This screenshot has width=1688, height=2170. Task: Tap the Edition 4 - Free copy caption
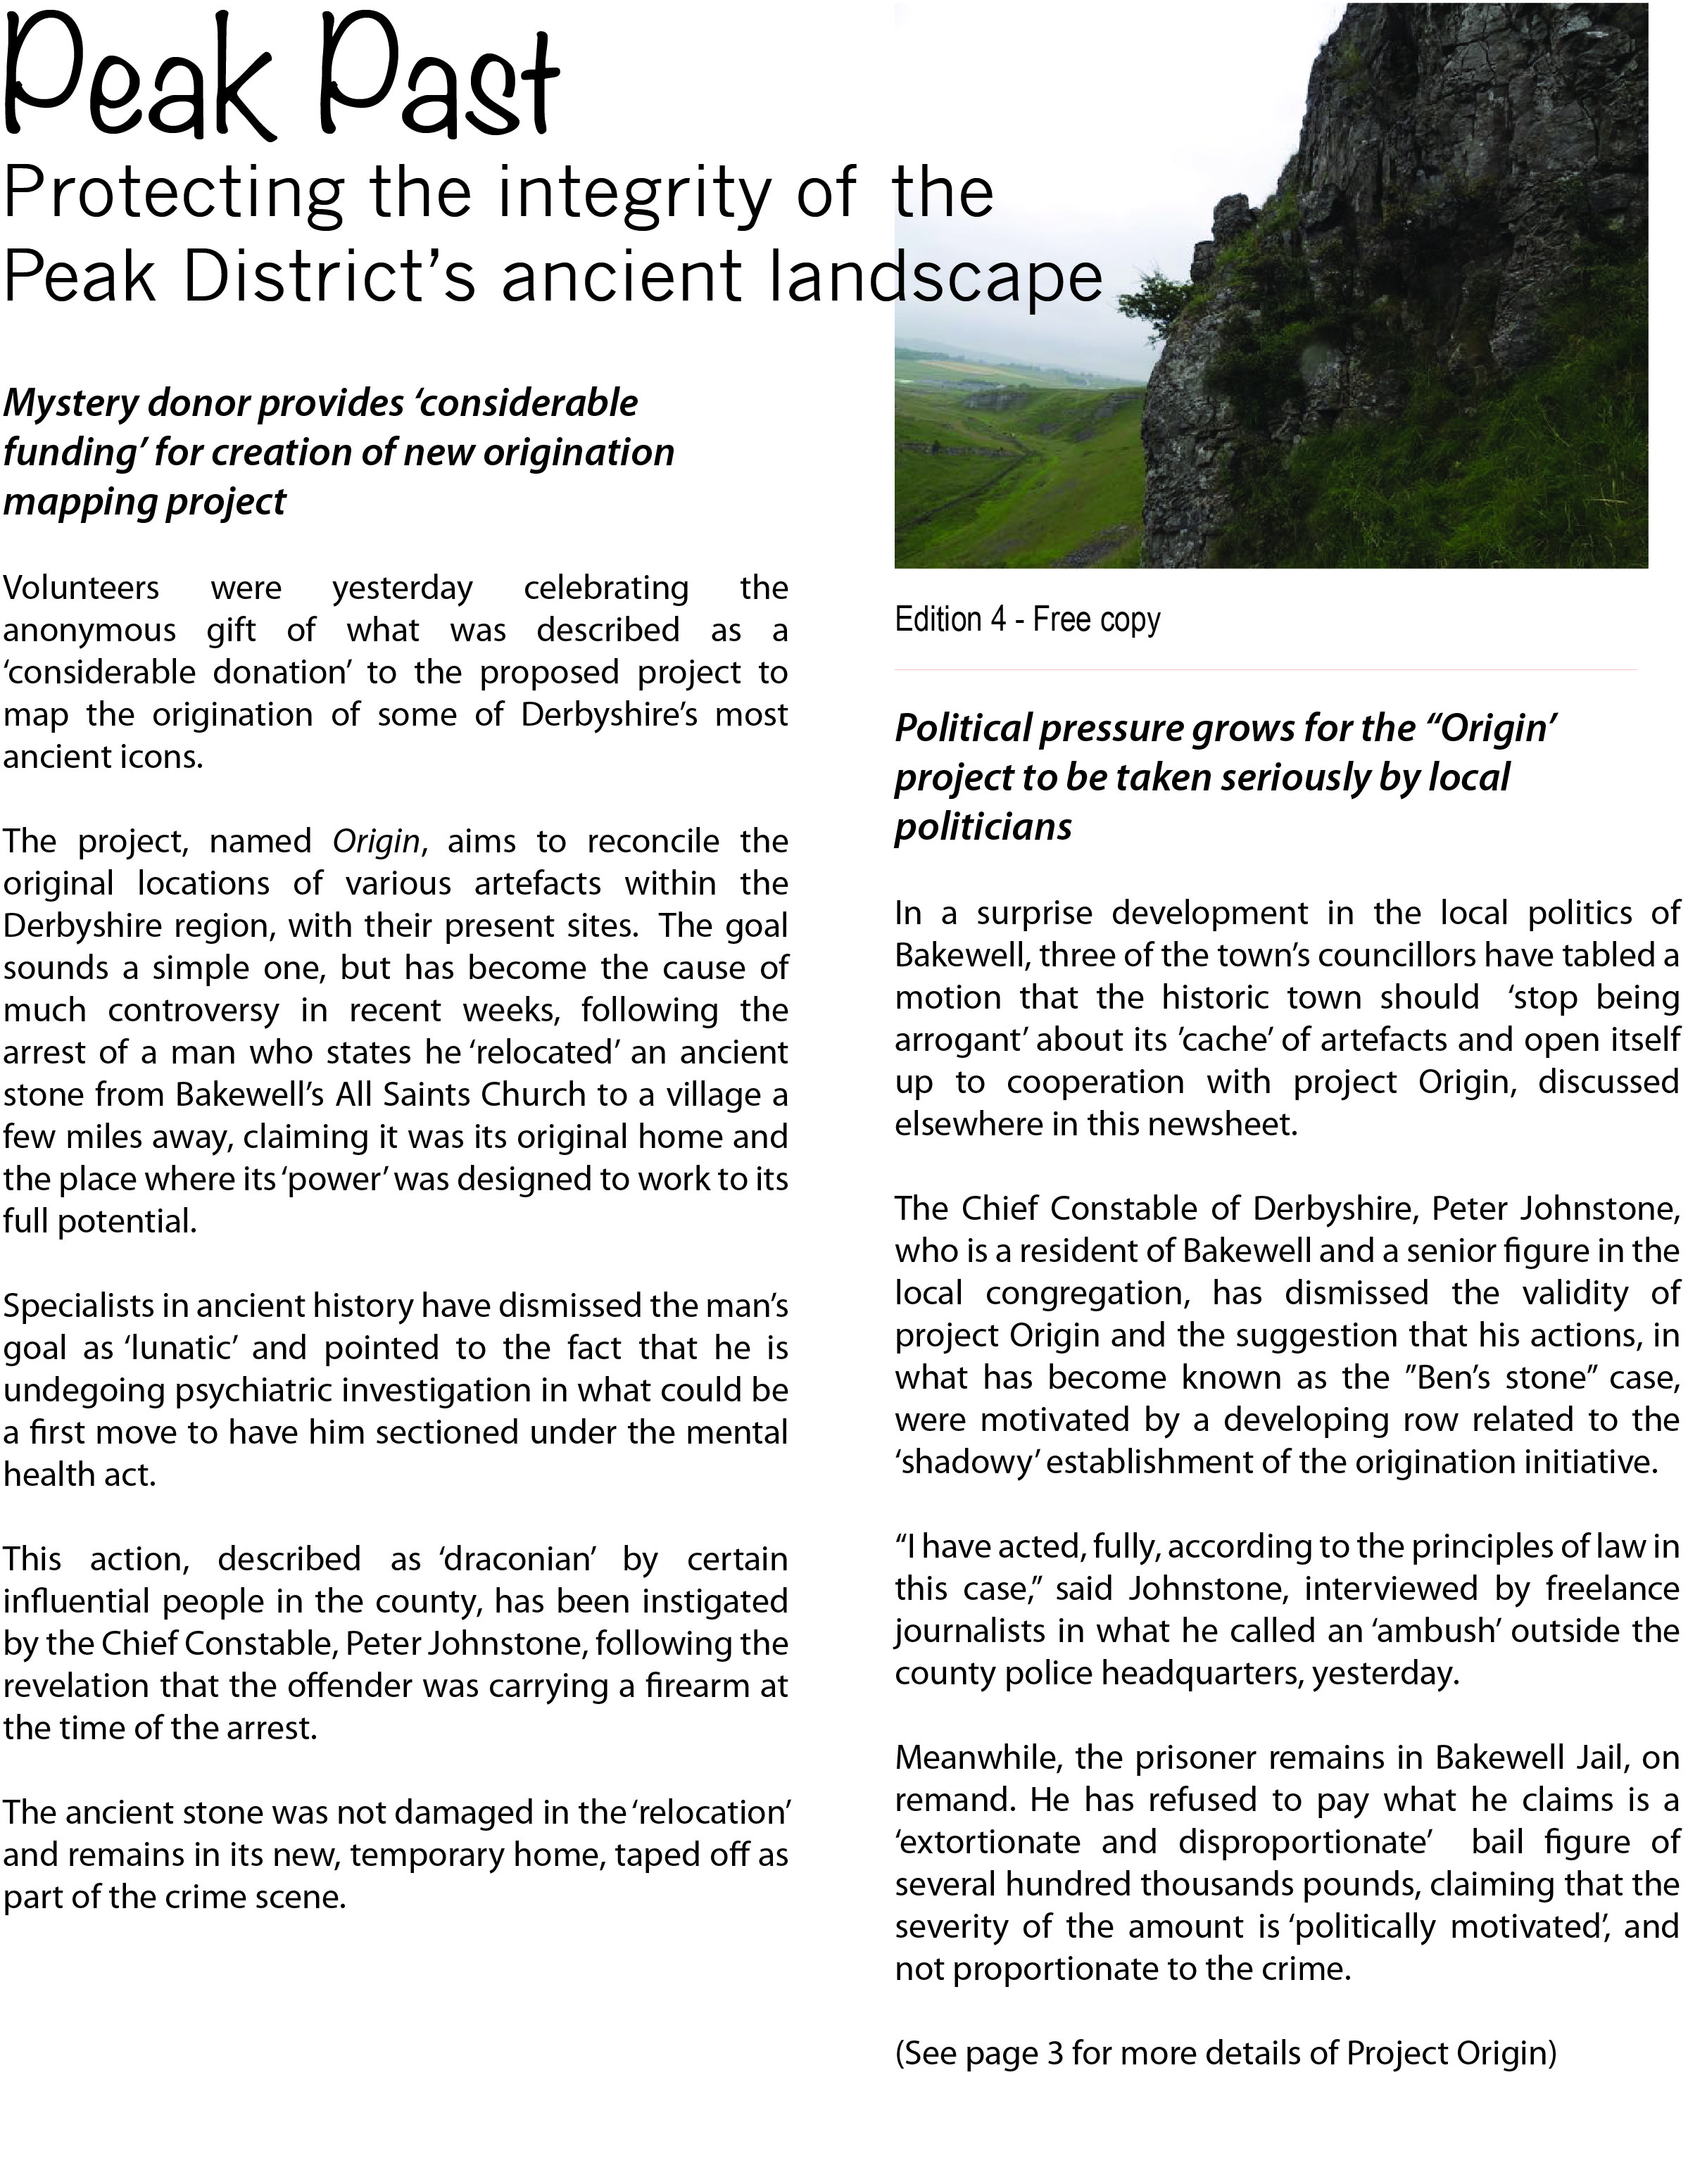pyautogui.click(x=1026, y=620)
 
